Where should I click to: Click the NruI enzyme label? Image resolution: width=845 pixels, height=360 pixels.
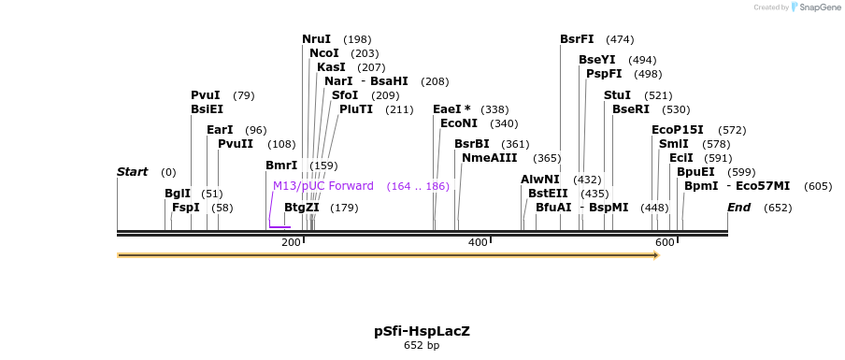coord(316,39)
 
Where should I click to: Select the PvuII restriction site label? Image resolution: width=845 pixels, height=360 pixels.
coord(236,144)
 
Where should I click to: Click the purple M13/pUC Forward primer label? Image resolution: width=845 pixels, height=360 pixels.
coord(322,186)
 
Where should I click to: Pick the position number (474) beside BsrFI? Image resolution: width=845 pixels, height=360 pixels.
coord(620,39)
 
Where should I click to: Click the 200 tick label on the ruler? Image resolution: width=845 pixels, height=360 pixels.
coord(291,242)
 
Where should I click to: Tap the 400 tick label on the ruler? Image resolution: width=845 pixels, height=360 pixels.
coord(478,242)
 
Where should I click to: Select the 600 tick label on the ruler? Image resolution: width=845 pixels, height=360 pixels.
coord(665,242)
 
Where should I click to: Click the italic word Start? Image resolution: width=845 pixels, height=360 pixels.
coord(132,172)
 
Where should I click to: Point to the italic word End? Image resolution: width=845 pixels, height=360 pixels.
coord(738,208)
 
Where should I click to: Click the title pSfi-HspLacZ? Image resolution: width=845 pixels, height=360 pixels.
coord(422,331)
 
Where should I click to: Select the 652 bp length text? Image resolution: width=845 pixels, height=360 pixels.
coord(422,345)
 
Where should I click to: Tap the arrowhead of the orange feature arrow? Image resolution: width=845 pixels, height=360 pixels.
coord(657,255)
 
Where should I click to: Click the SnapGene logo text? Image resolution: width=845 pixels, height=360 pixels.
coord(820,7)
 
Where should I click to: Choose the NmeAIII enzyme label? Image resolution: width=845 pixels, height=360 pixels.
coord(489,158)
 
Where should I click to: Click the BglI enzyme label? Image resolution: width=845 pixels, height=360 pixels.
coord(178,194)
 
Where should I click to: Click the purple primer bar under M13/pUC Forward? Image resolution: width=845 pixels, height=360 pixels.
coord(279,227)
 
